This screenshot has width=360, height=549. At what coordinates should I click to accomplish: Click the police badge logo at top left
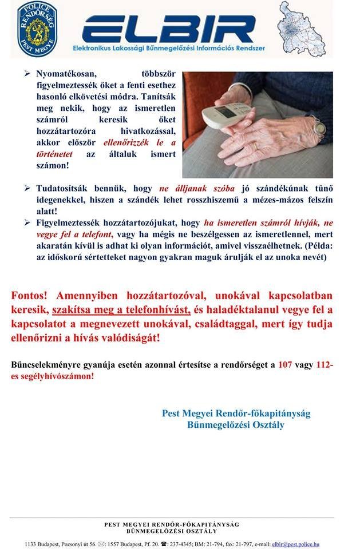click(37, 29)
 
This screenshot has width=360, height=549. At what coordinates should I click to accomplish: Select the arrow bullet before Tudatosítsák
click(27, 188)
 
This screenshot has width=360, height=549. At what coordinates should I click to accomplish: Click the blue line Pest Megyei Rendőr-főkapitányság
click(236, 413)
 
